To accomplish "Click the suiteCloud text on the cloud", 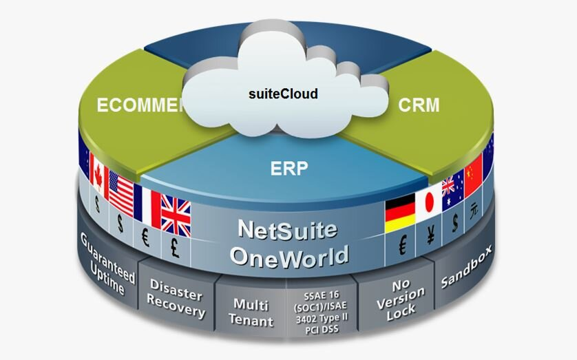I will [283, 93].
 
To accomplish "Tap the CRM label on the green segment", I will [419, 106].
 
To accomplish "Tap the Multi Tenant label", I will [253, 311].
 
